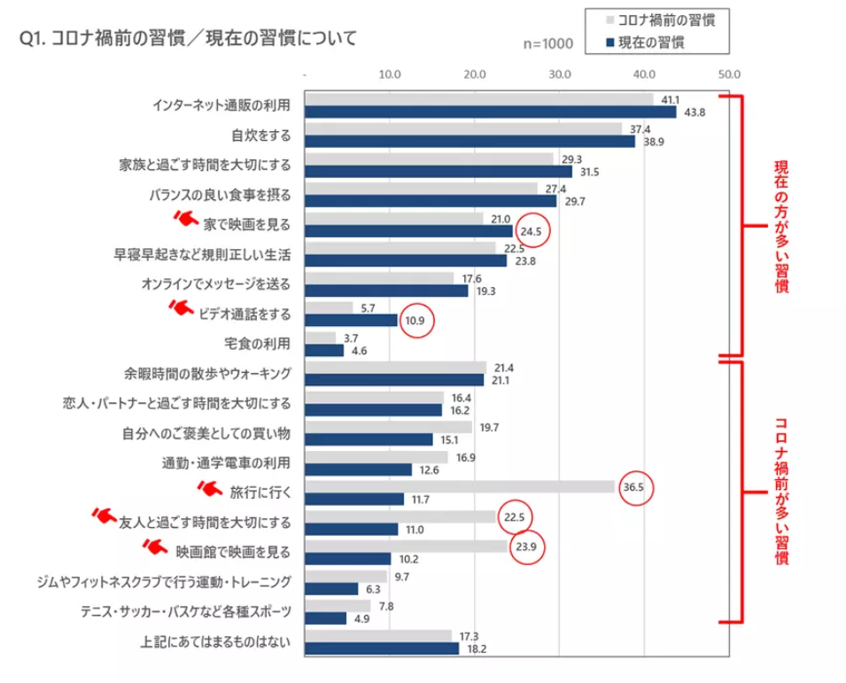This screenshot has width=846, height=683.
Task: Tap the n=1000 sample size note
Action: coord(548,43)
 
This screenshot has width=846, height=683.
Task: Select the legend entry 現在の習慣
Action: coord(650,42)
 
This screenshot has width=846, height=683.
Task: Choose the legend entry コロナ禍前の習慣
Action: coord(660,19)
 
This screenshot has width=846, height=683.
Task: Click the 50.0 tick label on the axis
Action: coord(729,74)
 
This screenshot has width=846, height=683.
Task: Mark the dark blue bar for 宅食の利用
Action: coord(323,350)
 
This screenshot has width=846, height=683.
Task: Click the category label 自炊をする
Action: coord(260,135)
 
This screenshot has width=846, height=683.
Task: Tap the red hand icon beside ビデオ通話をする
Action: coord(180,307)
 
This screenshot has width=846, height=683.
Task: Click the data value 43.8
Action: coord(693,113)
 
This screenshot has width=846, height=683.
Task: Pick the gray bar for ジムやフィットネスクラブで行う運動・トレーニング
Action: coord(345,576)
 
